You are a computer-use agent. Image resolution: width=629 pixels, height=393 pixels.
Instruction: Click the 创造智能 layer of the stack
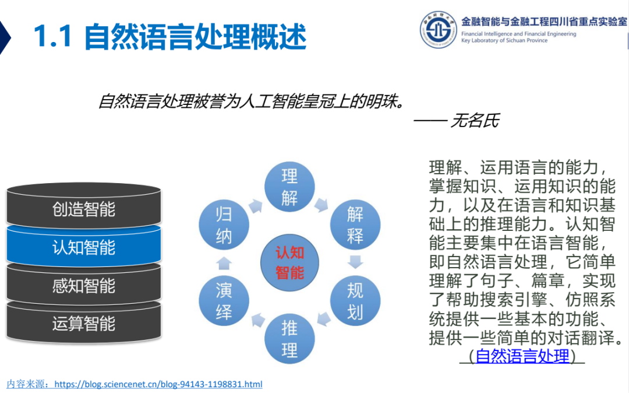click(84, 208)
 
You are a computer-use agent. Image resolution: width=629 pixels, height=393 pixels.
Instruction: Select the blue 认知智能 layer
click(84, 247)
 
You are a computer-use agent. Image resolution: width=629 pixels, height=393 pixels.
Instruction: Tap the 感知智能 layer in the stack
click(84, 285)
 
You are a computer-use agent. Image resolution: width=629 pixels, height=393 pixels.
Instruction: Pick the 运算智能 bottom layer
click(84, 323)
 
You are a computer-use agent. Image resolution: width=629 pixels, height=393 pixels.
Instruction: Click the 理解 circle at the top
click(289, 186)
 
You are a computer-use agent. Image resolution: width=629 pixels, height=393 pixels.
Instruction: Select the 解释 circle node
click(355, 225)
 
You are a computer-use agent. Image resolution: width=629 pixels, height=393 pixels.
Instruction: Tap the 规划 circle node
click(355, 301)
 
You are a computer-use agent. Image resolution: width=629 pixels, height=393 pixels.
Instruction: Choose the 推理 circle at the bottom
click(289, 339)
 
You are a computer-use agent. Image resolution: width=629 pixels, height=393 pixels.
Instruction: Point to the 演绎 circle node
click(224, 301)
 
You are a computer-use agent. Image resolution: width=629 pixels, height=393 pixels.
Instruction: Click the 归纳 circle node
click(224, 225)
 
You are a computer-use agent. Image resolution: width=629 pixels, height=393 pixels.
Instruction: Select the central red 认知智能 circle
click(289, 262)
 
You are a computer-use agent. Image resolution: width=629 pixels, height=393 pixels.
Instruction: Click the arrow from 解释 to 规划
click(355, 262)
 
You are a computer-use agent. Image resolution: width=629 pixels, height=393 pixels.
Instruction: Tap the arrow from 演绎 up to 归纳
click(224, 262)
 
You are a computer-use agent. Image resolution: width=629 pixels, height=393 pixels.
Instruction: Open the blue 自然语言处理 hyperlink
click(522, 356)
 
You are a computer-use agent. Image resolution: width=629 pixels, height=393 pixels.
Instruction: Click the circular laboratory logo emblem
click(439, 29)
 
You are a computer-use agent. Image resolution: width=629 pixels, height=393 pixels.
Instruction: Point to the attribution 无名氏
click(475, 121)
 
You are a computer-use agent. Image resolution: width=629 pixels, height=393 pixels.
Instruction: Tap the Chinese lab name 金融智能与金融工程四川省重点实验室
click(544, 21)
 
